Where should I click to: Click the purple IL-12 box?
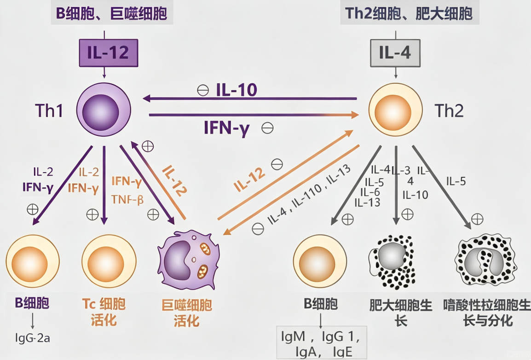pyautogui.click(x=109, y=53)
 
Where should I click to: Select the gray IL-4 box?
pyautogui.click(x=395, y=53)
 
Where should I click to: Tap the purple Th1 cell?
pyautogui.click(x=104, y=110)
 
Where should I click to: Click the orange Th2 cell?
pyautogui.click(x=396, y=110)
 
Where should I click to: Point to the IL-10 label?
pyautogui.click(x=237, y=90)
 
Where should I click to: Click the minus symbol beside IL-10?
pyautogui.click(x=203, y=90)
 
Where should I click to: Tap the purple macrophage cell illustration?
pyautogui.click(x=188, y=260)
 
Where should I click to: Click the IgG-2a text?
pyautogui.click(x=33, y=337)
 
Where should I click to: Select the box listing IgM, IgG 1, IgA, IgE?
pyautogui.click(x=321, y=343)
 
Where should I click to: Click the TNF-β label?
pyautogui.click(x=127, y=200)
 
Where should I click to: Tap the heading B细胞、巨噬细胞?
pyautogui.click(x=111, y=13)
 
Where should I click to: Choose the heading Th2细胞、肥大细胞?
pyautogui.click(x=409, y=13)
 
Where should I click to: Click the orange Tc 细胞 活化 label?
pyautogui.click(x=104, y=312)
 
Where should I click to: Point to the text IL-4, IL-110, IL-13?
pyautogui.click(x=309, y=195)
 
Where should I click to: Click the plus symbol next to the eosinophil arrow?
pyautogui.click(x=477, y=219)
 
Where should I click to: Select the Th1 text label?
pyautogui.click(x=49, y=111)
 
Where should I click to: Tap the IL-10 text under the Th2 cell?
pyautogui.click(x=415, y=195)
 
